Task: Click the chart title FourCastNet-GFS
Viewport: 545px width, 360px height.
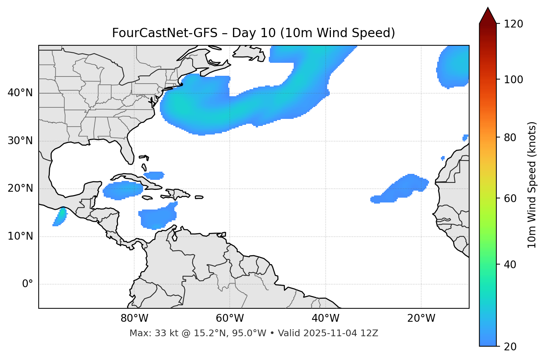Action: point(253,33)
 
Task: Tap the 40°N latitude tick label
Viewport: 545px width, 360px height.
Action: point(20,93)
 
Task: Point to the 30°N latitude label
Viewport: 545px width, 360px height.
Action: point(20,141)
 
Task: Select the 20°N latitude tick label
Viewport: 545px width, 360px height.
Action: point(20,188)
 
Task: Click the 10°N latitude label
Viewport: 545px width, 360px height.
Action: point(20,236)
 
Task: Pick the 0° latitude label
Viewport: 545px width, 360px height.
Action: point(28,284)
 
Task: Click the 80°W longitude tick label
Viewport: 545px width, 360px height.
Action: point(134,318)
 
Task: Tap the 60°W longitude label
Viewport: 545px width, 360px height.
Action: point(230,318)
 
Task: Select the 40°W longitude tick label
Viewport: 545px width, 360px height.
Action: point(325,318)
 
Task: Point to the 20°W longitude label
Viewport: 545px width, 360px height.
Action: point(421,318)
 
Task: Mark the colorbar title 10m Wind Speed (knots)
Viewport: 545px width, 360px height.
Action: point(532,185)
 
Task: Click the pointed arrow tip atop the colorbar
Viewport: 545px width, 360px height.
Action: point(487,8)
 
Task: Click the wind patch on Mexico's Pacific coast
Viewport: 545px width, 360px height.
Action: point(60,217)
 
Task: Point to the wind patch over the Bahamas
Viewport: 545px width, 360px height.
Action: point(154,175)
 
